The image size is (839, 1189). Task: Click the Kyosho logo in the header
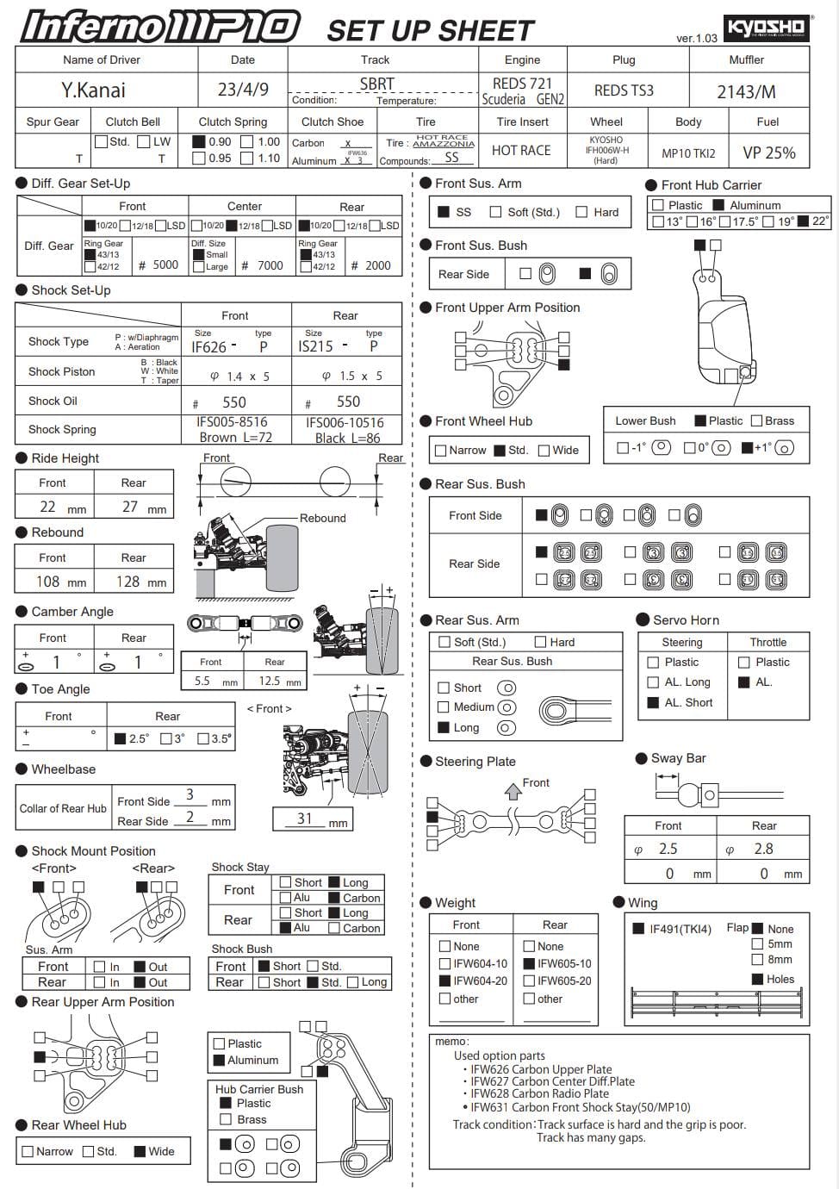coord(765,28)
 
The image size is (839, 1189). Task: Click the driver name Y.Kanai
coord(93,90)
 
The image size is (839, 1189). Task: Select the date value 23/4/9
coord(243,90)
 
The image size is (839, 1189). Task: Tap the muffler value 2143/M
coord(746,91)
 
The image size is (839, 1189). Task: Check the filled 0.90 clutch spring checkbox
coord(199,142)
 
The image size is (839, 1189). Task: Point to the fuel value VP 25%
coord(768,153)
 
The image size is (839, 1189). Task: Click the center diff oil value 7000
coord(270,265)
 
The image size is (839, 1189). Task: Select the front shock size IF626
coord(209,347)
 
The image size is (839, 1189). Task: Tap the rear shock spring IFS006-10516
coord(345,422)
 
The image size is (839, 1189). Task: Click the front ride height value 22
coord(48,507)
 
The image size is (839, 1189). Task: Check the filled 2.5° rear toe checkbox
coord(121,738)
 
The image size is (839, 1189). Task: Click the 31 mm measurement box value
coord(305,819)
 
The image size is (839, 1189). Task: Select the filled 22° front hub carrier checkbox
coord(804,221)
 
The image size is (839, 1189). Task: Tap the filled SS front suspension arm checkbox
coord(444,212)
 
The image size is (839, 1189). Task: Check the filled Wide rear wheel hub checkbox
coord(140,1151)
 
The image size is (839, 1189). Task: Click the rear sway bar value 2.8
coord(763,849)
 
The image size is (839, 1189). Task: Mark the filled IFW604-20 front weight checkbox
coord(444,980)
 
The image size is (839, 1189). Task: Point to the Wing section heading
coord(643,902)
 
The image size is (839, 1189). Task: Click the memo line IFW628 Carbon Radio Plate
coord(539,1093)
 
